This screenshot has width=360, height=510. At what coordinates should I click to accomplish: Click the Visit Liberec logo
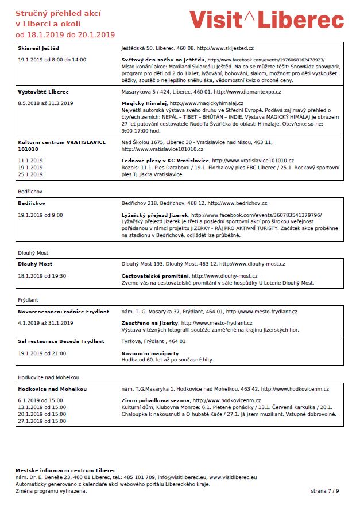(x=266, y=20)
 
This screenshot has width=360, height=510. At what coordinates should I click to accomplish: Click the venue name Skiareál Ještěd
(x=38, y=48)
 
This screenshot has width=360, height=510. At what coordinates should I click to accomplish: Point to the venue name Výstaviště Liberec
(x=44, y=92)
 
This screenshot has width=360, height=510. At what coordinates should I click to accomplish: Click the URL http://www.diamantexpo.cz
(x=247, y=92)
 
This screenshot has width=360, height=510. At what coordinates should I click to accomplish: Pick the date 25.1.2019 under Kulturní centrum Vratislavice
(x=30, y=174)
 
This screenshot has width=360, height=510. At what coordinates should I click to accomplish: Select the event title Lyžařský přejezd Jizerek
(x=156, y=215)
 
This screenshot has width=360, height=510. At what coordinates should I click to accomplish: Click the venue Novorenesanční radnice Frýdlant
(x=64, y=312)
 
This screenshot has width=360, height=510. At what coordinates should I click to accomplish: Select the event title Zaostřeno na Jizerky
(x=150, y=323)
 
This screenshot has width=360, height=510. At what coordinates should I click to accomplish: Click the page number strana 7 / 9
(x=325, y=491)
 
